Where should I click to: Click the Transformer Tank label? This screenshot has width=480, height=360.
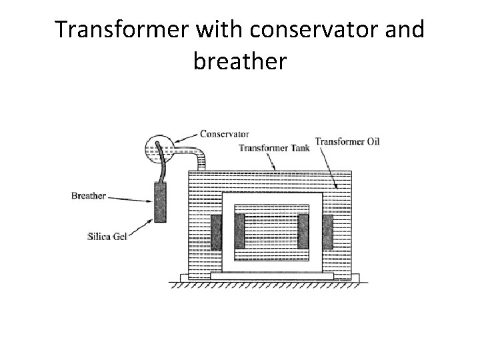click(x=273, y=148)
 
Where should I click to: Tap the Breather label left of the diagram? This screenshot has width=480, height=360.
click(x=89, y=196)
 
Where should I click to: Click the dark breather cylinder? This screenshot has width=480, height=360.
click(x=161, y=203)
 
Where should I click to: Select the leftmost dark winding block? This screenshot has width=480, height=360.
click(x=216, y=231)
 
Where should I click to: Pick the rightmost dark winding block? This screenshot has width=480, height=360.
click(x=327, y=231)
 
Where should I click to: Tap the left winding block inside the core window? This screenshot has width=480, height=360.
click(x=239, y=231)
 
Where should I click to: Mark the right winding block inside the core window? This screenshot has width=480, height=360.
click(x=304, y=231)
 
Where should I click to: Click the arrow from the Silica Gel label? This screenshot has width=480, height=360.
click(x=142, y=225)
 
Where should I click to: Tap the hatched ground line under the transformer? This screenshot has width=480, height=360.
click(x=267, y=284)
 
